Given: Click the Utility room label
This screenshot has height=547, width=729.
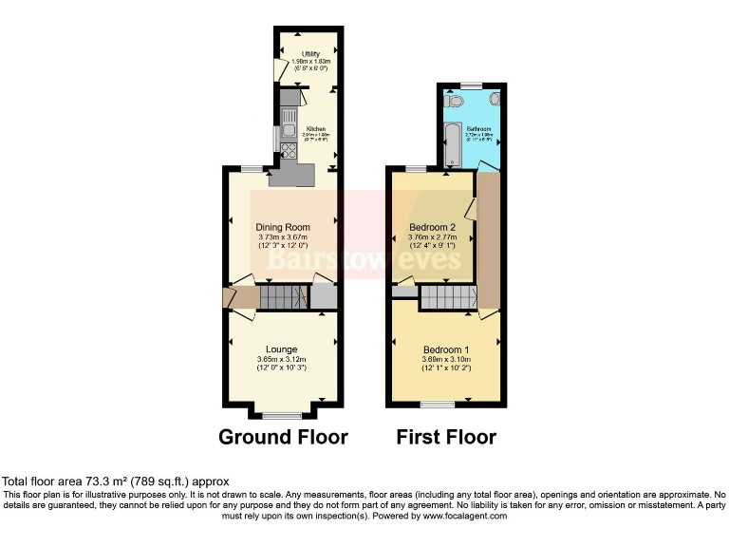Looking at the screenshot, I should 310,54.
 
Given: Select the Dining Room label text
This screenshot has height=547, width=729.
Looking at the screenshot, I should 283,227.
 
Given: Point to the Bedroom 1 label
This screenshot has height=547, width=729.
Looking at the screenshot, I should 446,349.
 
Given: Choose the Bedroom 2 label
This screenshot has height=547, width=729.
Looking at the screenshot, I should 433,228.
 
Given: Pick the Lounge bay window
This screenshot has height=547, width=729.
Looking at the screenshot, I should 281,415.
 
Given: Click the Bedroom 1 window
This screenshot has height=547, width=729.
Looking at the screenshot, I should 438,405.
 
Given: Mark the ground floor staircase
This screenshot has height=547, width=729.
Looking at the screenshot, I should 282,298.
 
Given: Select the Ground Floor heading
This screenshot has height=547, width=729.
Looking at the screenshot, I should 283,438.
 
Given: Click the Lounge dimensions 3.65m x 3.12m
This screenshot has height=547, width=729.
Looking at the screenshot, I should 282,360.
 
